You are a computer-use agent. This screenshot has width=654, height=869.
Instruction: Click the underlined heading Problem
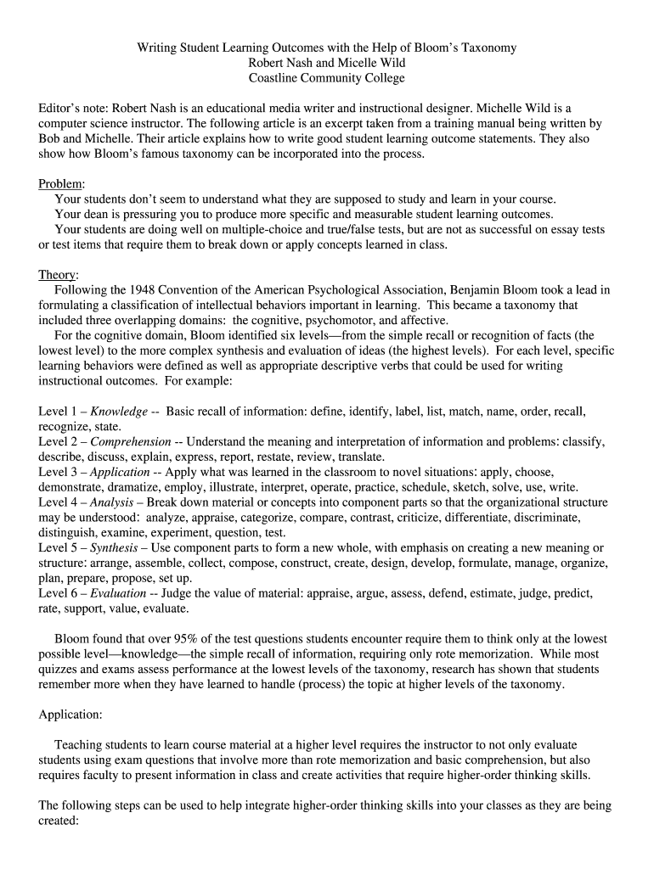(60, 184)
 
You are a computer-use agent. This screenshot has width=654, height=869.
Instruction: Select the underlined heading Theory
(58, 275)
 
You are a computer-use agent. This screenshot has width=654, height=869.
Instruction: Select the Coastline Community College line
(327, 78)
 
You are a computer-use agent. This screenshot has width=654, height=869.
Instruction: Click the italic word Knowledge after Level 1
(119, 411)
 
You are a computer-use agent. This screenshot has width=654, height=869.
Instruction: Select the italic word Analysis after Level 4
(111, 502)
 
